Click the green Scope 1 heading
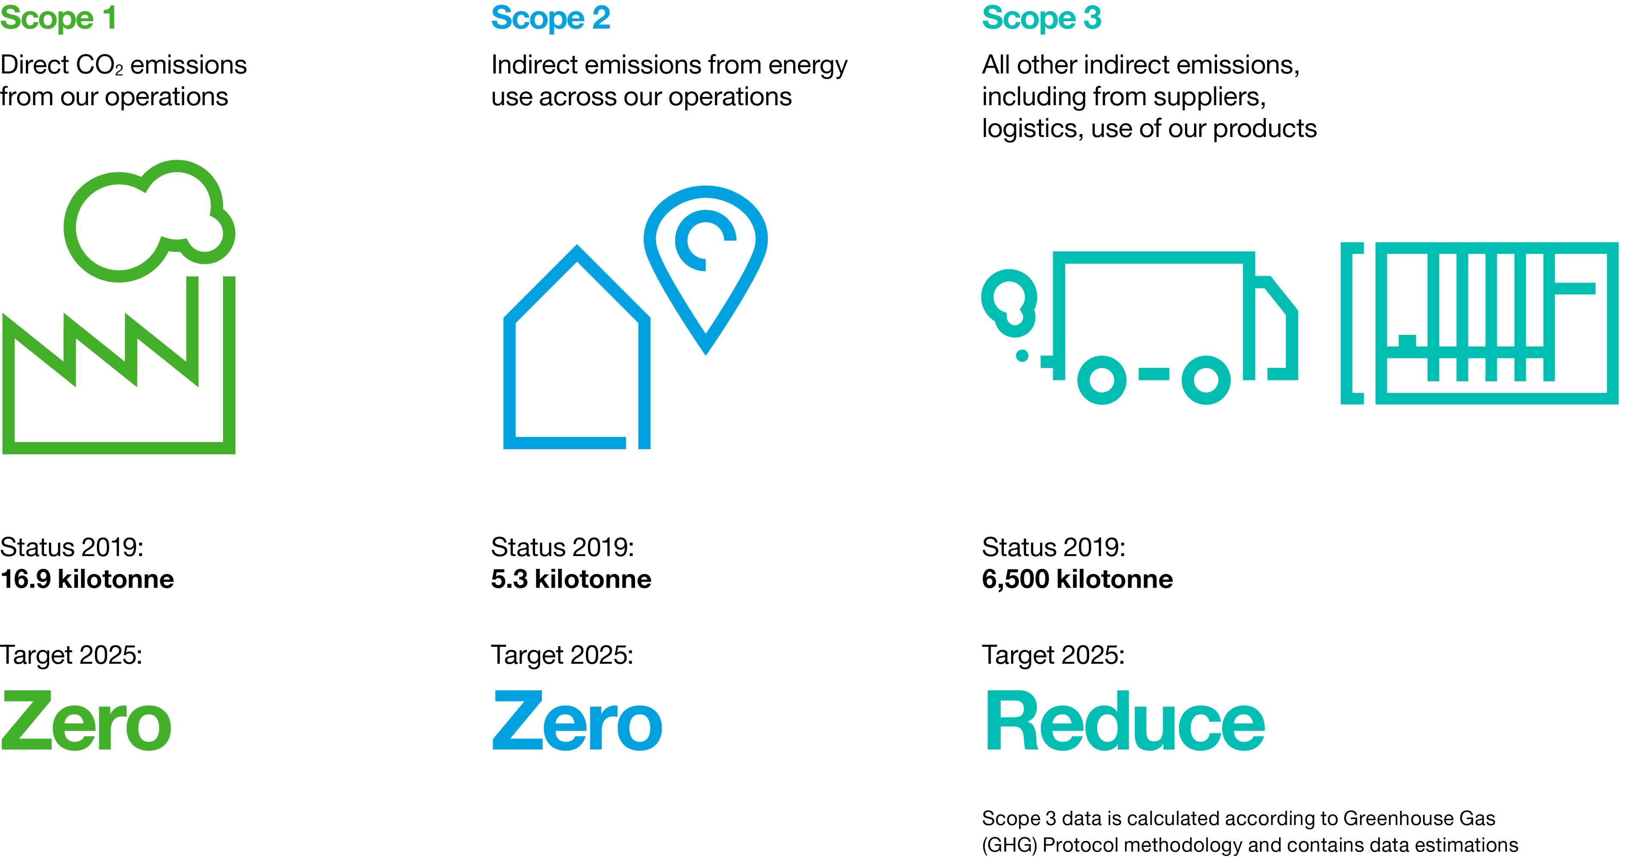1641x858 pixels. [x=59, y=18]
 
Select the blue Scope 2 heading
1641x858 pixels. [x=550, y=18]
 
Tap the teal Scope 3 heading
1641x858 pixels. [x=1041, y=18]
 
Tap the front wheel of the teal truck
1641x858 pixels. [x=1205, y=380]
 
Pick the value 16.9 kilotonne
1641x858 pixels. [x=87, y=579]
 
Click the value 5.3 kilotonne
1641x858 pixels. [x=571, y=579]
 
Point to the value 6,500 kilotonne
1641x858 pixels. [x=1076, y=579]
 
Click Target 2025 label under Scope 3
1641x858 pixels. [x=1053, y=655]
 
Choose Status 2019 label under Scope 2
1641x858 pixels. [x=562, y=547]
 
